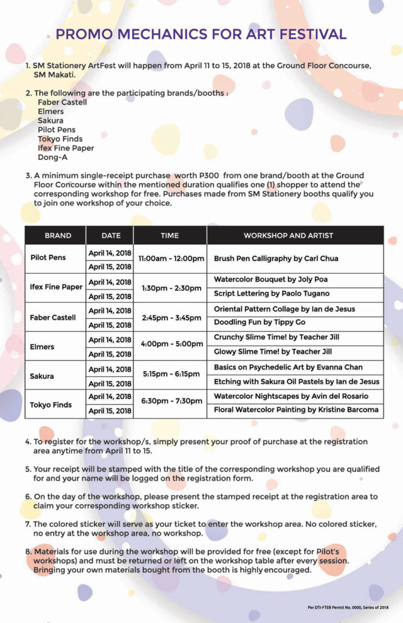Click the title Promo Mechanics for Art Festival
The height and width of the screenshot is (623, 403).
point(201,34)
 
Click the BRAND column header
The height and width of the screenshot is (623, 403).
point(58,235)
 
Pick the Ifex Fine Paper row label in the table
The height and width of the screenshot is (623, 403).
point(56,287)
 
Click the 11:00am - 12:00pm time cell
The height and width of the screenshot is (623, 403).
point(171,259)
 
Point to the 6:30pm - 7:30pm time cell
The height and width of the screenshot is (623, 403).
point(171,401)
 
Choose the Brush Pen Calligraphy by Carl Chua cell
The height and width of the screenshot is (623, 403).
point(276,259)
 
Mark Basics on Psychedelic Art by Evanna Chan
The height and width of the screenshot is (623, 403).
point(288,367)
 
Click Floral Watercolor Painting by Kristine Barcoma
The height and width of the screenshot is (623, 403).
point(296,410)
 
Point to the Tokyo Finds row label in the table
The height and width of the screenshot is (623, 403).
point(51,405)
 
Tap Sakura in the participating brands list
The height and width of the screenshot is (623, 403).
point(50,120)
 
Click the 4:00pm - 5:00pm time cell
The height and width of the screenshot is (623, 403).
point(171,344)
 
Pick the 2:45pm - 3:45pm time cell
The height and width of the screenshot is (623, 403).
point(171,318)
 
